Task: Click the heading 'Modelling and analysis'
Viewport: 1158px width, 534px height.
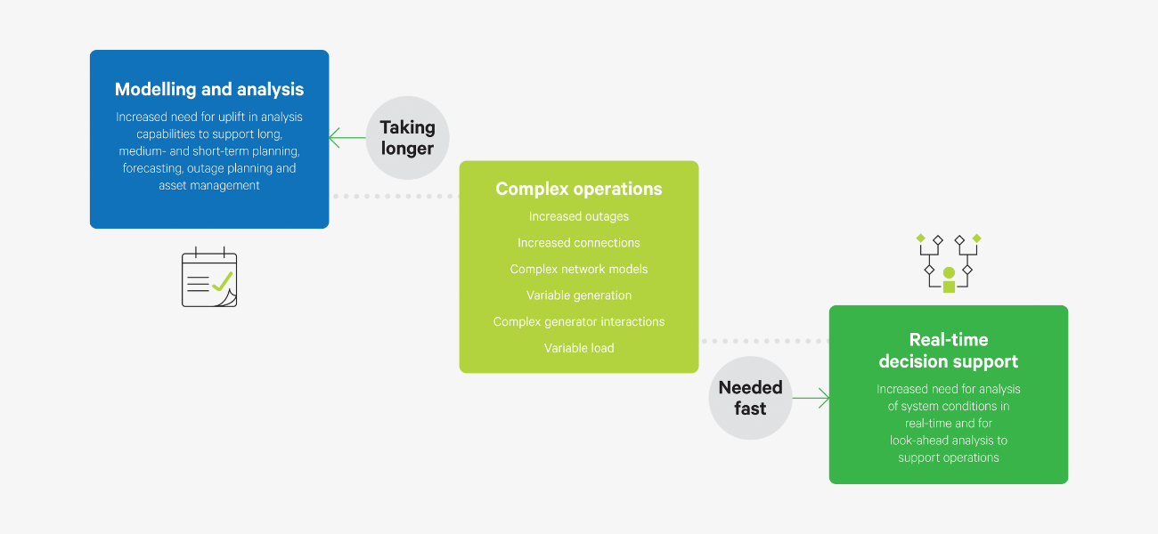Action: (209, 89)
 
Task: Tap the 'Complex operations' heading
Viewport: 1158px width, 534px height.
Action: (579, 189)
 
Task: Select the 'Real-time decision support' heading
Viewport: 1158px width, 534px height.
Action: (948, 351)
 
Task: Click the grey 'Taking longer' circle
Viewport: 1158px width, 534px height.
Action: (407, 138)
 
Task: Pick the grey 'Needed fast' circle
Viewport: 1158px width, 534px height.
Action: (750, 398)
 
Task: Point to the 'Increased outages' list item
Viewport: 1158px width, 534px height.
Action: (579, 216)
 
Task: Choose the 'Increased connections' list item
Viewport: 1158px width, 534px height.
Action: (579, 243)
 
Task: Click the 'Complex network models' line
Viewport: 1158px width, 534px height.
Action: (579, 269)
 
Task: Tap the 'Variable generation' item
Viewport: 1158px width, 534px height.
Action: (579, 295)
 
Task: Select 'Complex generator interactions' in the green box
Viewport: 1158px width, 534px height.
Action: (579, 321)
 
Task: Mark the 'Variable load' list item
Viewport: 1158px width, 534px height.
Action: (579, 348)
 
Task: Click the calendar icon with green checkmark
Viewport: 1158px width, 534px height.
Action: (209, 279)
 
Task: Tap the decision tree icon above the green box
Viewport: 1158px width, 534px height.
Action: (948, 262)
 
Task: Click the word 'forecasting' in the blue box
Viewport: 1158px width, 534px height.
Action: (152, 168)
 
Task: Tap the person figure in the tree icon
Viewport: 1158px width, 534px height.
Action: (949, 279)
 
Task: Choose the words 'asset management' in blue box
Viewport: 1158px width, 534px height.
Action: (209, 185)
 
